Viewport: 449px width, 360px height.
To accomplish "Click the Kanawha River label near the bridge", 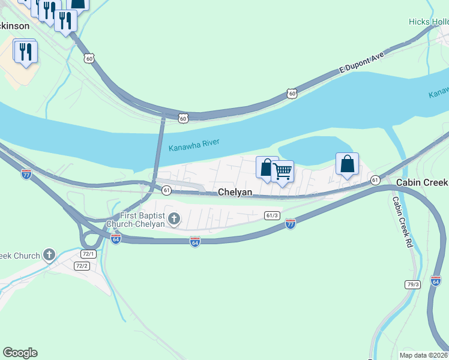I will [x=194, y=145].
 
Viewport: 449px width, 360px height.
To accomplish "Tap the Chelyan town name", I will [x=235, y=192].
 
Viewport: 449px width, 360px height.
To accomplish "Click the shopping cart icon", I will [x=282, y=171].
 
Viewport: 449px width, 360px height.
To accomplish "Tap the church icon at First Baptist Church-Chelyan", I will [x=174, y=218].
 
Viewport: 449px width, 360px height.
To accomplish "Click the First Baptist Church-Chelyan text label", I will [x=142, y=220].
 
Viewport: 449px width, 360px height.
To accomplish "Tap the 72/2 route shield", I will [x=82, y=266].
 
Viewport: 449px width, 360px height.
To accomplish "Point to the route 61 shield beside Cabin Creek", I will [x=375, y=180].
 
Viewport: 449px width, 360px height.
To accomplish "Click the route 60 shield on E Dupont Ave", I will [x=292, y=94].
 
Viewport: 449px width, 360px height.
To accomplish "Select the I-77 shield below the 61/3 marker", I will [x=291, y=224].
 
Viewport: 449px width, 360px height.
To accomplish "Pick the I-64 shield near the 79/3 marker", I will [x=436, y=280].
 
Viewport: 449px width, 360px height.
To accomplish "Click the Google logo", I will [x=20, y=353].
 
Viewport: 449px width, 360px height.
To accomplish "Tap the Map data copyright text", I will [x=423, y=355].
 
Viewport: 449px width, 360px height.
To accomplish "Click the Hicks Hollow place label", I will [x=428, y=22].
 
